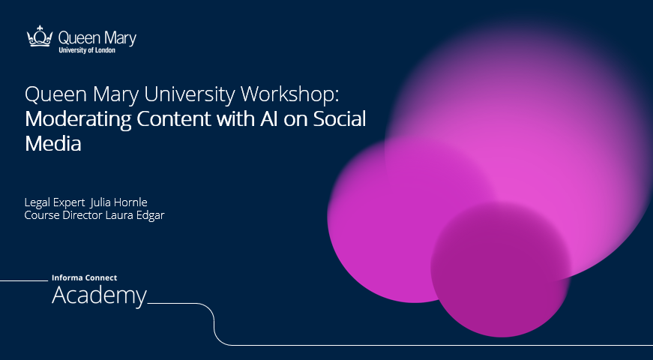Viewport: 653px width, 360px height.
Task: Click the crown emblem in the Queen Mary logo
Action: tap(40, 36)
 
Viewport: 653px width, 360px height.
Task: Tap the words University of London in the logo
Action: tap(87, 50)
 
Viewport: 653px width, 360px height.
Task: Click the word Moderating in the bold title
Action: tap(78, 120)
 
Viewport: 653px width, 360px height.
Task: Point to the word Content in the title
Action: tap(174, 119)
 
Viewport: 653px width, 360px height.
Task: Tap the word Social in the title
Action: tap(340, 118)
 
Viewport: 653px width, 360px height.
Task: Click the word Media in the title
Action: tap(53, 144)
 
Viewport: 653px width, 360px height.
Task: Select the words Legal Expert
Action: tap(55, 203)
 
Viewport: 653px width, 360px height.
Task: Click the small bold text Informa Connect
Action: tap(84, 278)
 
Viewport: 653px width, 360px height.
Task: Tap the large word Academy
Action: tap(99, 296)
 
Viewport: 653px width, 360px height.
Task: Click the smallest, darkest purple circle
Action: tap(500, 269)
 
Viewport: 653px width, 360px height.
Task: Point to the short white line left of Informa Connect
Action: tap(24, 280)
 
